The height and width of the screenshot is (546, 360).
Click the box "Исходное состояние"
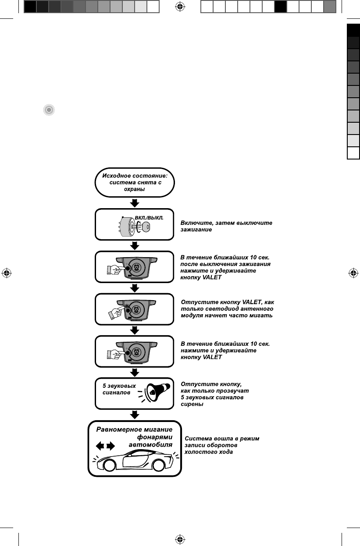pos(135,182)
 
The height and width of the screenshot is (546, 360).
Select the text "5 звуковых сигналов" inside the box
pos(119,389)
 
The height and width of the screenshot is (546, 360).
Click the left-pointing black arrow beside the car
pos(100,446)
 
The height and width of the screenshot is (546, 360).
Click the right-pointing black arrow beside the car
pos(110,446)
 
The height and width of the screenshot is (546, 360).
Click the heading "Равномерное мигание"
pos(134,429)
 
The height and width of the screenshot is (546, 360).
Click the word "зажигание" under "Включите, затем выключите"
pos(196,230)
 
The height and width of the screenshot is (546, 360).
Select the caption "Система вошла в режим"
pos(222,438)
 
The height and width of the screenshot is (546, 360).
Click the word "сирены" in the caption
pos(192,404)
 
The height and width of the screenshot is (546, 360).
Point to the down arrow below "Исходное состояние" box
pos(135,203)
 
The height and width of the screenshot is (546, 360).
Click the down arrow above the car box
pos(135,415)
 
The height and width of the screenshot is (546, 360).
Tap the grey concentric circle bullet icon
pos(49,110)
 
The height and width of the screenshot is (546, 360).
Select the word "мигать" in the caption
pos(261,316)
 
